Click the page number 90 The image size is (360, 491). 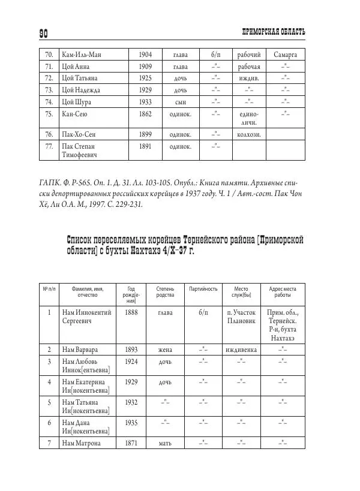47,32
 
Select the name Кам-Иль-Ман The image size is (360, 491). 82,55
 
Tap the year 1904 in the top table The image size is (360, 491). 145,55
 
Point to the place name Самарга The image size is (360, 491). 286,55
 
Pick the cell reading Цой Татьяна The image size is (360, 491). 80,79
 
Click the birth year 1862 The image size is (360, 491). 145,113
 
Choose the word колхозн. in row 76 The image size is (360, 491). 248,135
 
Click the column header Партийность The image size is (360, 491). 203,289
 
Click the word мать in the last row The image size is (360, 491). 165,444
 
